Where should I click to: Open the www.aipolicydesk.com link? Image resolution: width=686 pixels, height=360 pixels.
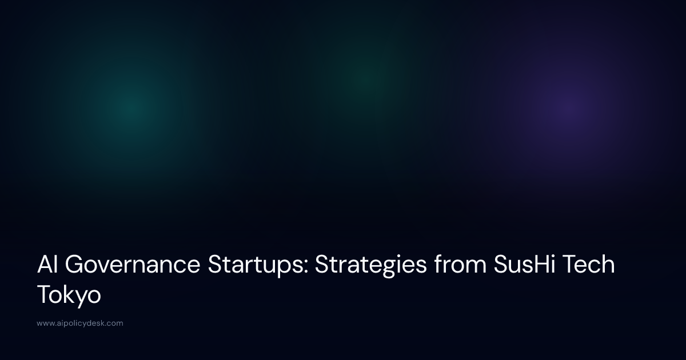pos(80,323)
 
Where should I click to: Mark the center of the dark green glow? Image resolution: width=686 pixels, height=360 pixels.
pos(363,74)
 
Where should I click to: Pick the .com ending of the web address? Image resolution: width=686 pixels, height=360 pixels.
pos(114,323)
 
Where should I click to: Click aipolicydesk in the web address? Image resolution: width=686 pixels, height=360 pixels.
pos(81,323)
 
